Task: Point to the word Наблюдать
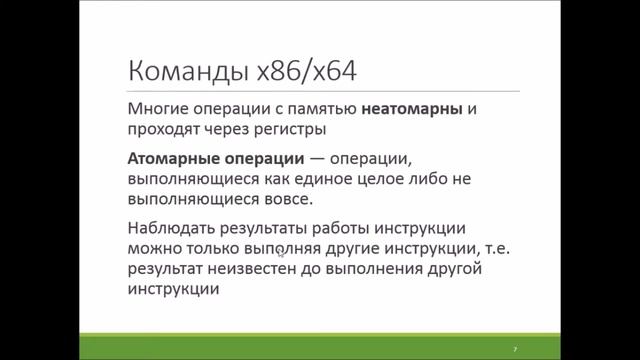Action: click(x=171, y=227)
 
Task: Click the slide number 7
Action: click(x=514, y=348)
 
